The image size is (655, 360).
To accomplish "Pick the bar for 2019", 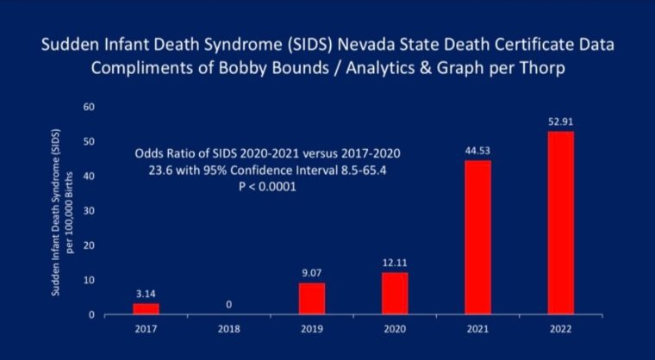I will point(311,298).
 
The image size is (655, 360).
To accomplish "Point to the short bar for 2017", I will point(146,308).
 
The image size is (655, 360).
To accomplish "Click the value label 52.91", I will point(559,121).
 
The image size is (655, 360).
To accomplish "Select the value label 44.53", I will point(477,151).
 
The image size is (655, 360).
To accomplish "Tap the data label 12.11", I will point(394,263).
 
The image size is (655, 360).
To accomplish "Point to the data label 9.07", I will point(311,273).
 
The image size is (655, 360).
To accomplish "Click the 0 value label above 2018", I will point(228,304).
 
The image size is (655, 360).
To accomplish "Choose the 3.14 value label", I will point(146,294).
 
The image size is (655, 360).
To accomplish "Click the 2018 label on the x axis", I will point(228,329).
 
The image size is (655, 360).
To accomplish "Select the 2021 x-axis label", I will point(477,329).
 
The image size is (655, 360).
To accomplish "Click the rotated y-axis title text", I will point(61,211).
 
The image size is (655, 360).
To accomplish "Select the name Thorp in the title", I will point(542,70).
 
